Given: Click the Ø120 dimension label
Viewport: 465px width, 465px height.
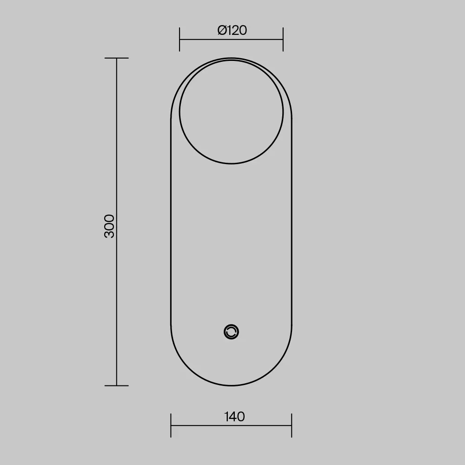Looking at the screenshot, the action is tap(232, 30).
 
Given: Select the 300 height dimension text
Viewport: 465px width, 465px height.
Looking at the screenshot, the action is tap(109, 226).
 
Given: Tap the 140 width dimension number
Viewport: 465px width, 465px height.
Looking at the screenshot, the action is tap(234, 417).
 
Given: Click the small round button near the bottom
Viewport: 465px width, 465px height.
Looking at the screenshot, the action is tap(231, 332).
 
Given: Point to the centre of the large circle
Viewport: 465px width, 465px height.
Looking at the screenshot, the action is tap(231, 112).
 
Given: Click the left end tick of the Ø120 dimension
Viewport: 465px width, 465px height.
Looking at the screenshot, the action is tap(179, 39).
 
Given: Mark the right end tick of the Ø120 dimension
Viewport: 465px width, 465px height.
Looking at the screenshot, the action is tap(283, 39).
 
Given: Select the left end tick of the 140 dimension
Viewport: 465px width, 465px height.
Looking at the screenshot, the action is tap(171, 425).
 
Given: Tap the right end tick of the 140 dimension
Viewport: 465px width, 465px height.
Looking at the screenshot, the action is tap(292, 425).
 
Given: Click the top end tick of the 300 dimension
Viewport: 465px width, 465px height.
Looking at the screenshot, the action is tap(117, 58).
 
